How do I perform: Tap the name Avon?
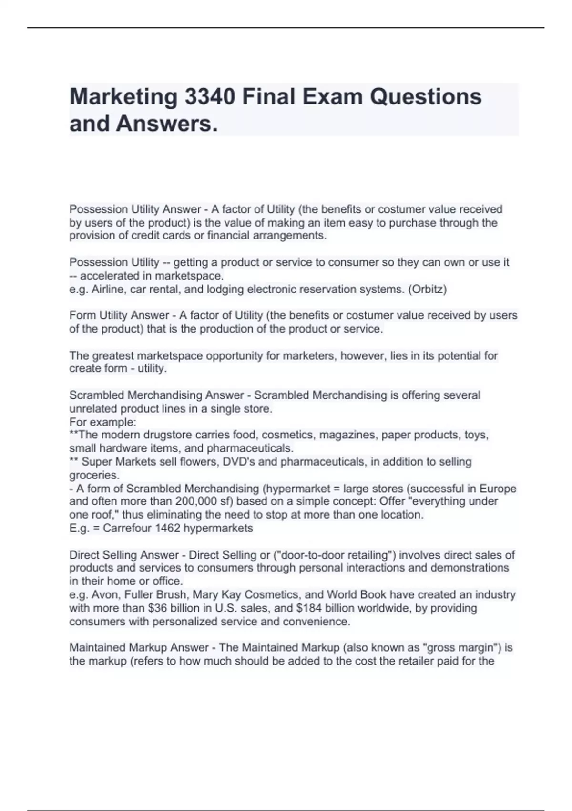click(x=103, y=595)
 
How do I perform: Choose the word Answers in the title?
click(x=166, y=124)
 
